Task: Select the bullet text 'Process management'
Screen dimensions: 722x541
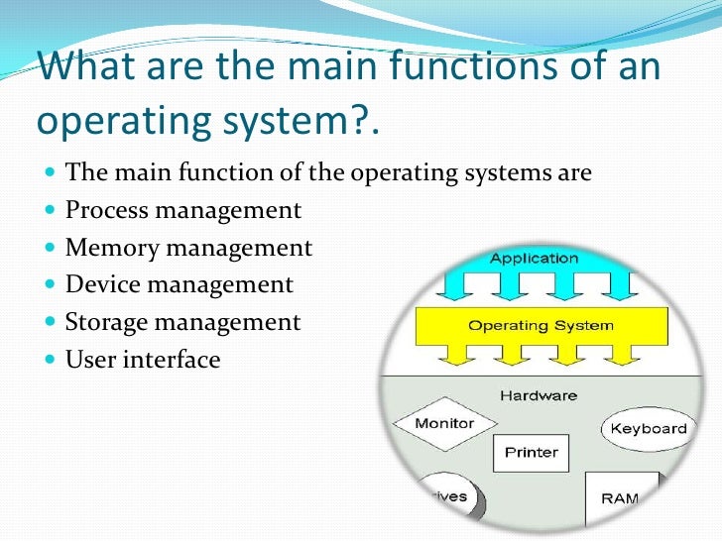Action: pyautogui.click(x=183, y=210)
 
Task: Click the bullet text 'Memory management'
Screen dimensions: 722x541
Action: pyautogui.click(x=188, y=248)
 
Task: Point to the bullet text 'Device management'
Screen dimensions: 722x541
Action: pyautogui.click(x=180, y=284)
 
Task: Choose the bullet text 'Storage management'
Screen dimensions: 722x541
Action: pyautogui.click(x=182, y=322)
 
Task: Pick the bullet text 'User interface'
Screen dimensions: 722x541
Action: pyautogui.click(x=143, y=359)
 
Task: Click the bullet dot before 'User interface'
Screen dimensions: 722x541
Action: pyautogui.click(x=51, y=360)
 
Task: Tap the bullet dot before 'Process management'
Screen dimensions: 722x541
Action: pyautogui.click(x=51, y=211)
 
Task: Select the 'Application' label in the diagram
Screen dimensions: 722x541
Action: pyautogui.click(x=534, y=259)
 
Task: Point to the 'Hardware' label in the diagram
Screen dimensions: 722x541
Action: pyautogui.click(x=538, y=395)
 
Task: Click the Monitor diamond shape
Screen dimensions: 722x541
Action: pyautogui.click(x=444, y=424)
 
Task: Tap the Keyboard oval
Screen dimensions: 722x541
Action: pyautogui.click(x=648, y=429)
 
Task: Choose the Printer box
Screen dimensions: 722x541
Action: pyautogui.click(x=532, y=454)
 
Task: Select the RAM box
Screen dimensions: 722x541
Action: pyautogui.click(x=620, y=495)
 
